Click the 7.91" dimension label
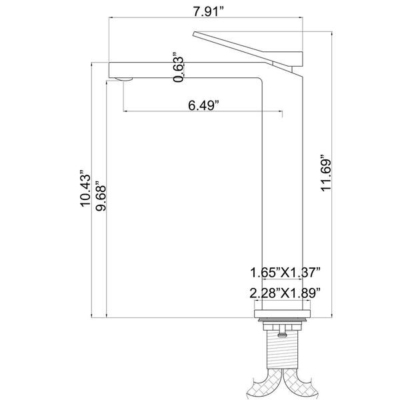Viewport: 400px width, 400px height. [208, 11]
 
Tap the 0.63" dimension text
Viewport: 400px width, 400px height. [178, 67]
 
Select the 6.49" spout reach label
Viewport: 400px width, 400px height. [203, 105]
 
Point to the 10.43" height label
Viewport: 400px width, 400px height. [85, 188]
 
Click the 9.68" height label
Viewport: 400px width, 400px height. [101, 196]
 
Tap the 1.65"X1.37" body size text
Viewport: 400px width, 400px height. [285, 272]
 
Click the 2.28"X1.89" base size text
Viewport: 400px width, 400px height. [285, 293]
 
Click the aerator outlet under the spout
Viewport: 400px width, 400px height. [124, 79]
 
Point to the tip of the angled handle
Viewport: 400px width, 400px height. [193, 33]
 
